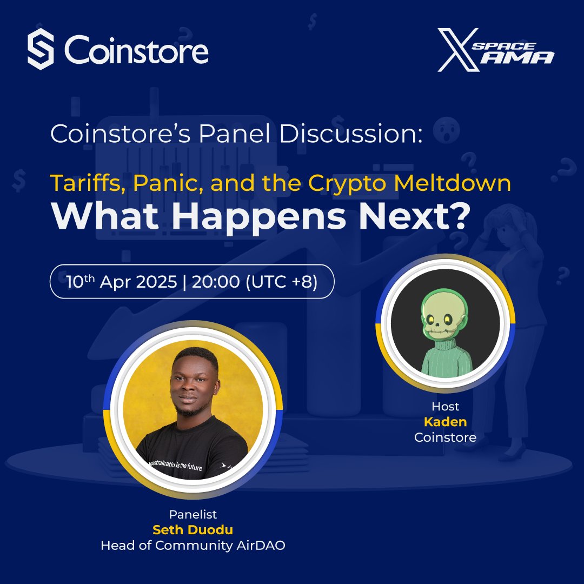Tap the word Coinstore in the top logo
pyautogui.click(x=136, y=51)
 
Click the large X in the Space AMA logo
pyautogui.click(x=457, y=50)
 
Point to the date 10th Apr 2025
pyautogui.click(x=122, y=282)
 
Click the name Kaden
pyautogui.click(x=445, y=421)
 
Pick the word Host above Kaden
pyautogui.click(x=445, y=406)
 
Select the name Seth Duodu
pyautogui.click(x=193, y=530)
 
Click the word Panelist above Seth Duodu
pyautogui.click(x=193, y=514)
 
